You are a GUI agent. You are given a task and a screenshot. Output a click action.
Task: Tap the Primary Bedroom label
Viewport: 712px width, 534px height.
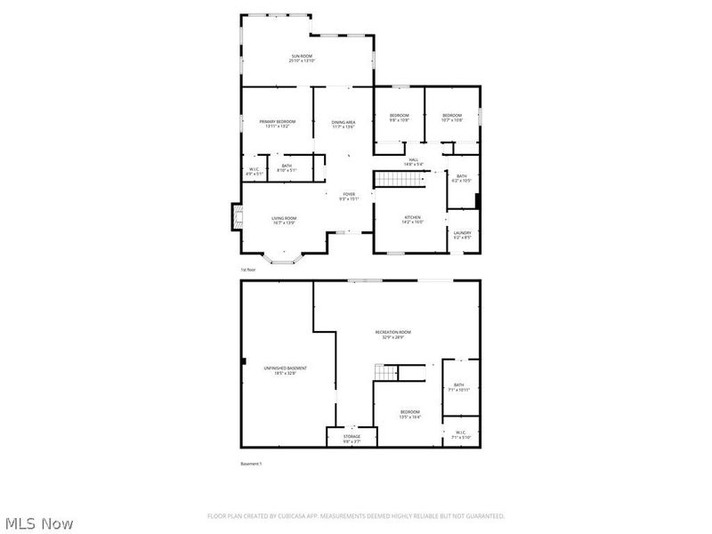tap(277, 124)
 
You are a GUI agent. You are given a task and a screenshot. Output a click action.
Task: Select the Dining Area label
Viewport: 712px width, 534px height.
tap(344, 124)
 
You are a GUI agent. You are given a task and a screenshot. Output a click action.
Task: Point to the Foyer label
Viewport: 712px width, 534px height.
tap(347, 196)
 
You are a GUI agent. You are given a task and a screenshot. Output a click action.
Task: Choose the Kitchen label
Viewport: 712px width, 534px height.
tap(412, 219)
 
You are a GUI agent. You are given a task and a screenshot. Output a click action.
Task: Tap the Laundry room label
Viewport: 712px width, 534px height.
tap(462, 235)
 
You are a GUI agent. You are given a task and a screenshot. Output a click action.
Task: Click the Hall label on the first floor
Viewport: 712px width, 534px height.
tap(413, 162)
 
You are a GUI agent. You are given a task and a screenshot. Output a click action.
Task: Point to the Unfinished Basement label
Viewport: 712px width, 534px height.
tap(285, 370)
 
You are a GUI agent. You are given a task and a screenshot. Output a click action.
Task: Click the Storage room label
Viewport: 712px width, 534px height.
tap(352, 438)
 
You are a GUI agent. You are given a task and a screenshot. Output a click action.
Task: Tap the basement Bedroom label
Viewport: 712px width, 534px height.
tap(409, 413)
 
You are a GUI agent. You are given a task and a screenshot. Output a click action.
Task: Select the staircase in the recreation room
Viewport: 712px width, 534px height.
tap(385, 370)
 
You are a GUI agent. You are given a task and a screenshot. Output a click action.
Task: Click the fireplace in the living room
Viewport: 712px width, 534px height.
tap(236, 215)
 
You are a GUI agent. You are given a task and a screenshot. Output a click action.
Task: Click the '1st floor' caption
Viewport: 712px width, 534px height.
tap(247, 269)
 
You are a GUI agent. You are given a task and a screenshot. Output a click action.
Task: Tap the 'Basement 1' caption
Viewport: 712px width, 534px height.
tap(251, 464)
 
